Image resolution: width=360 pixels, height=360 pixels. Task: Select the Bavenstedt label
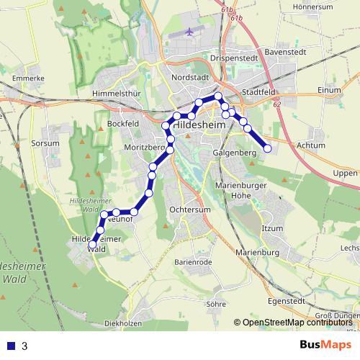[x=287, y=53]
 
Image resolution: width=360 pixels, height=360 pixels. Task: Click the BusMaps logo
[x=325, y=346]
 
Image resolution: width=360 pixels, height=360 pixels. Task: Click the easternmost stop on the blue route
[x=268, y=149]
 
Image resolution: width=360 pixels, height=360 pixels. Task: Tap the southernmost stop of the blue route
[x=93, y=245]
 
